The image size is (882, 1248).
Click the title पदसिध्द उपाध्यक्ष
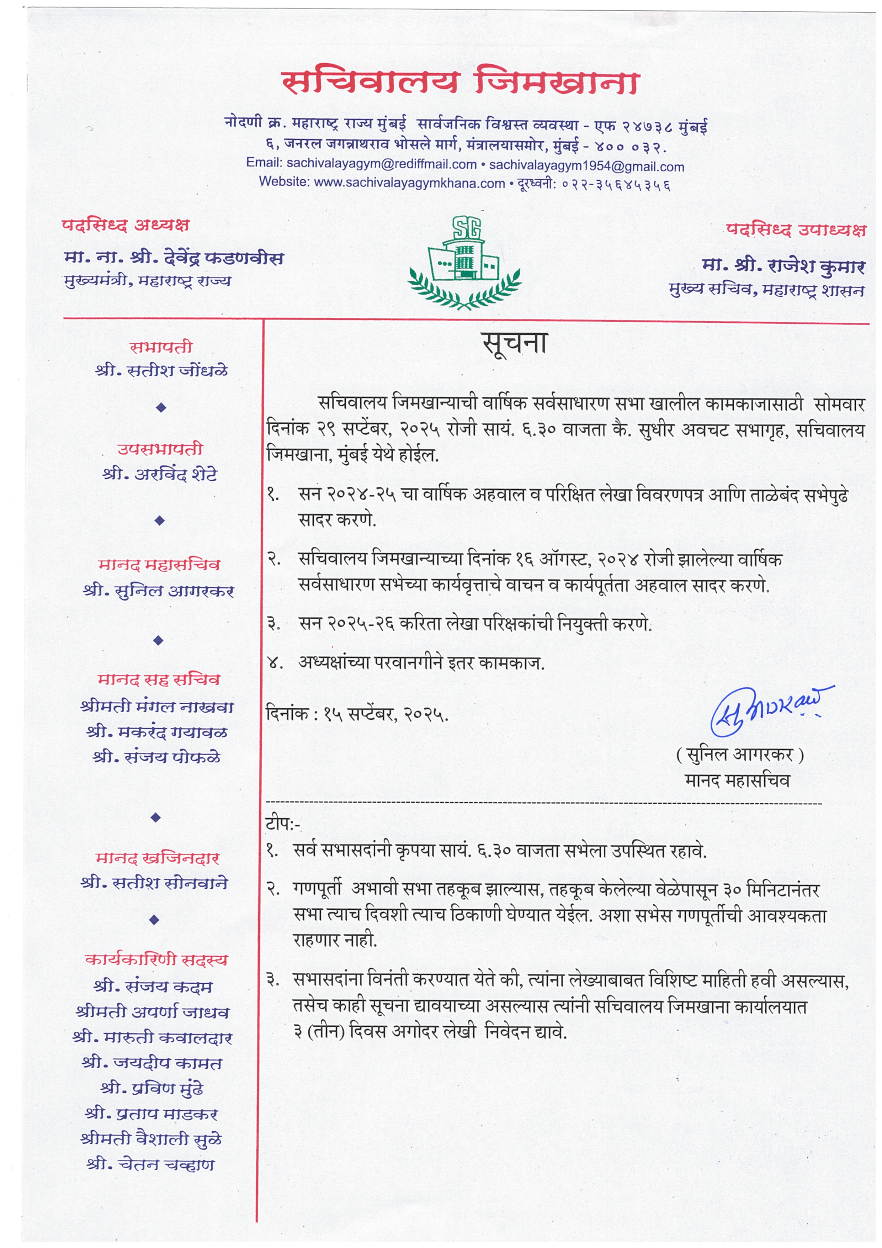796,230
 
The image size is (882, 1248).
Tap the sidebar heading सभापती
161,347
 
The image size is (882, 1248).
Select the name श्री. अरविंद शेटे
160,475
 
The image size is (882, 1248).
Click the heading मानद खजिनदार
158,858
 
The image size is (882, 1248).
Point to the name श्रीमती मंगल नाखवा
157,707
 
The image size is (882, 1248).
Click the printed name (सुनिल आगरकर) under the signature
740,755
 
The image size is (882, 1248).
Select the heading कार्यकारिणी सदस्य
156,960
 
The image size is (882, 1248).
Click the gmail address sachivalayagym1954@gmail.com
586,166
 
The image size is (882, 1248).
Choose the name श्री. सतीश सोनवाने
154,883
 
